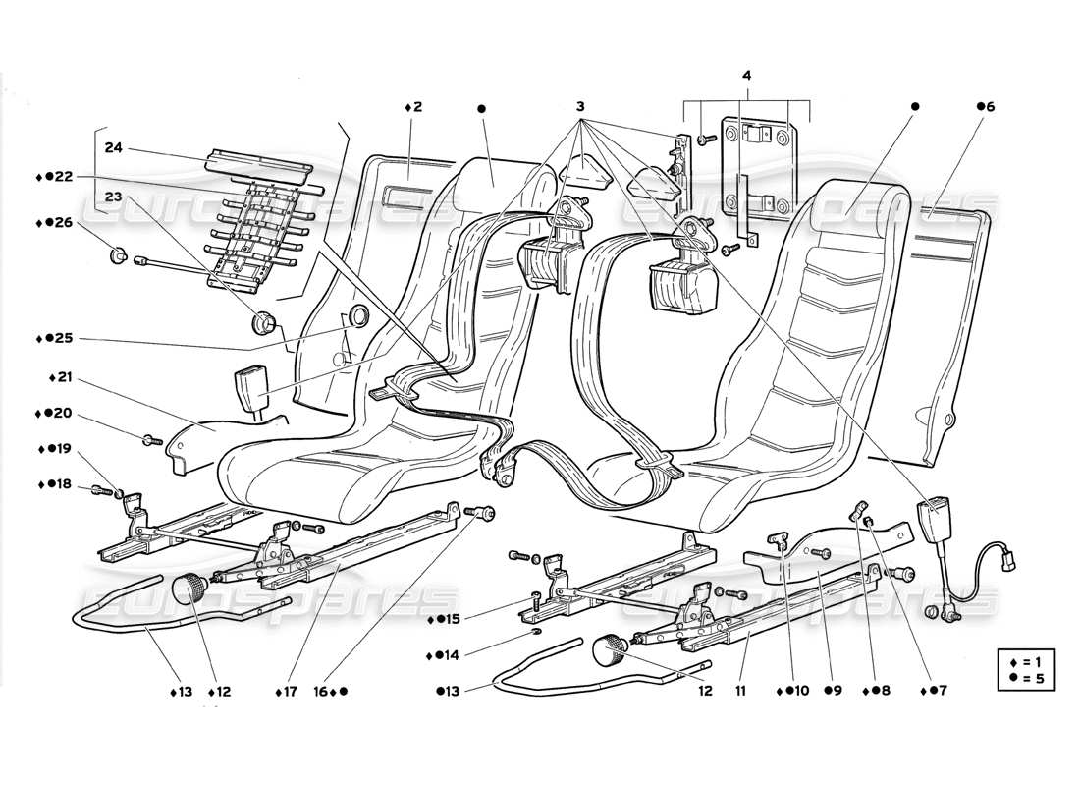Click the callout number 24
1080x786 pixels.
[114, 148]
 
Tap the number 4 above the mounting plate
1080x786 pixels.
[747, 75]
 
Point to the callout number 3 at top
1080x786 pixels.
[580, 106]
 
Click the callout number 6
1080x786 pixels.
[987, 106]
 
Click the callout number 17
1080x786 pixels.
[287, 692]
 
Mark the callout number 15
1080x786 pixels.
[451, 619]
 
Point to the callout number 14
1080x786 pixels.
[451, 654]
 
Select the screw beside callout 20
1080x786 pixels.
[150, 441]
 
